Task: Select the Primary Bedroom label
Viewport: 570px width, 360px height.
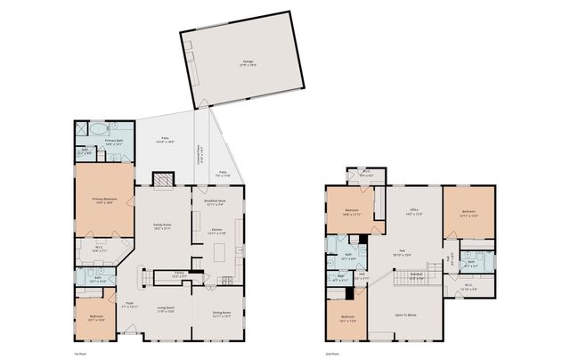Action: pyautogui.click(x=104, y=200)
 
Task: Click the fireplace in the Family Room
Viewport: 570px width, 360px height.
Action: pyautogui.click(x=162, y=181)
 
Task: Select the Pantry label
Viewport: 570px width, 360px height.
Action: pyautogui.click(x=179, y=275)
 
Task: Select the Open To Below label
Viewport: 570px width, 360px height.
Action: pyautogui.click(x=408, y=315)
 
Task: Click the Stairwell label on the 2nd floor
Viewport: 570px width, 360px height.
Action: pyautogui.click(x=416, y=278)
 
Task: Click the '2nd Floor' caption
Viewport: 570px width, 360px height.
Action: pyautogui.click(x=332, y=354)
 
